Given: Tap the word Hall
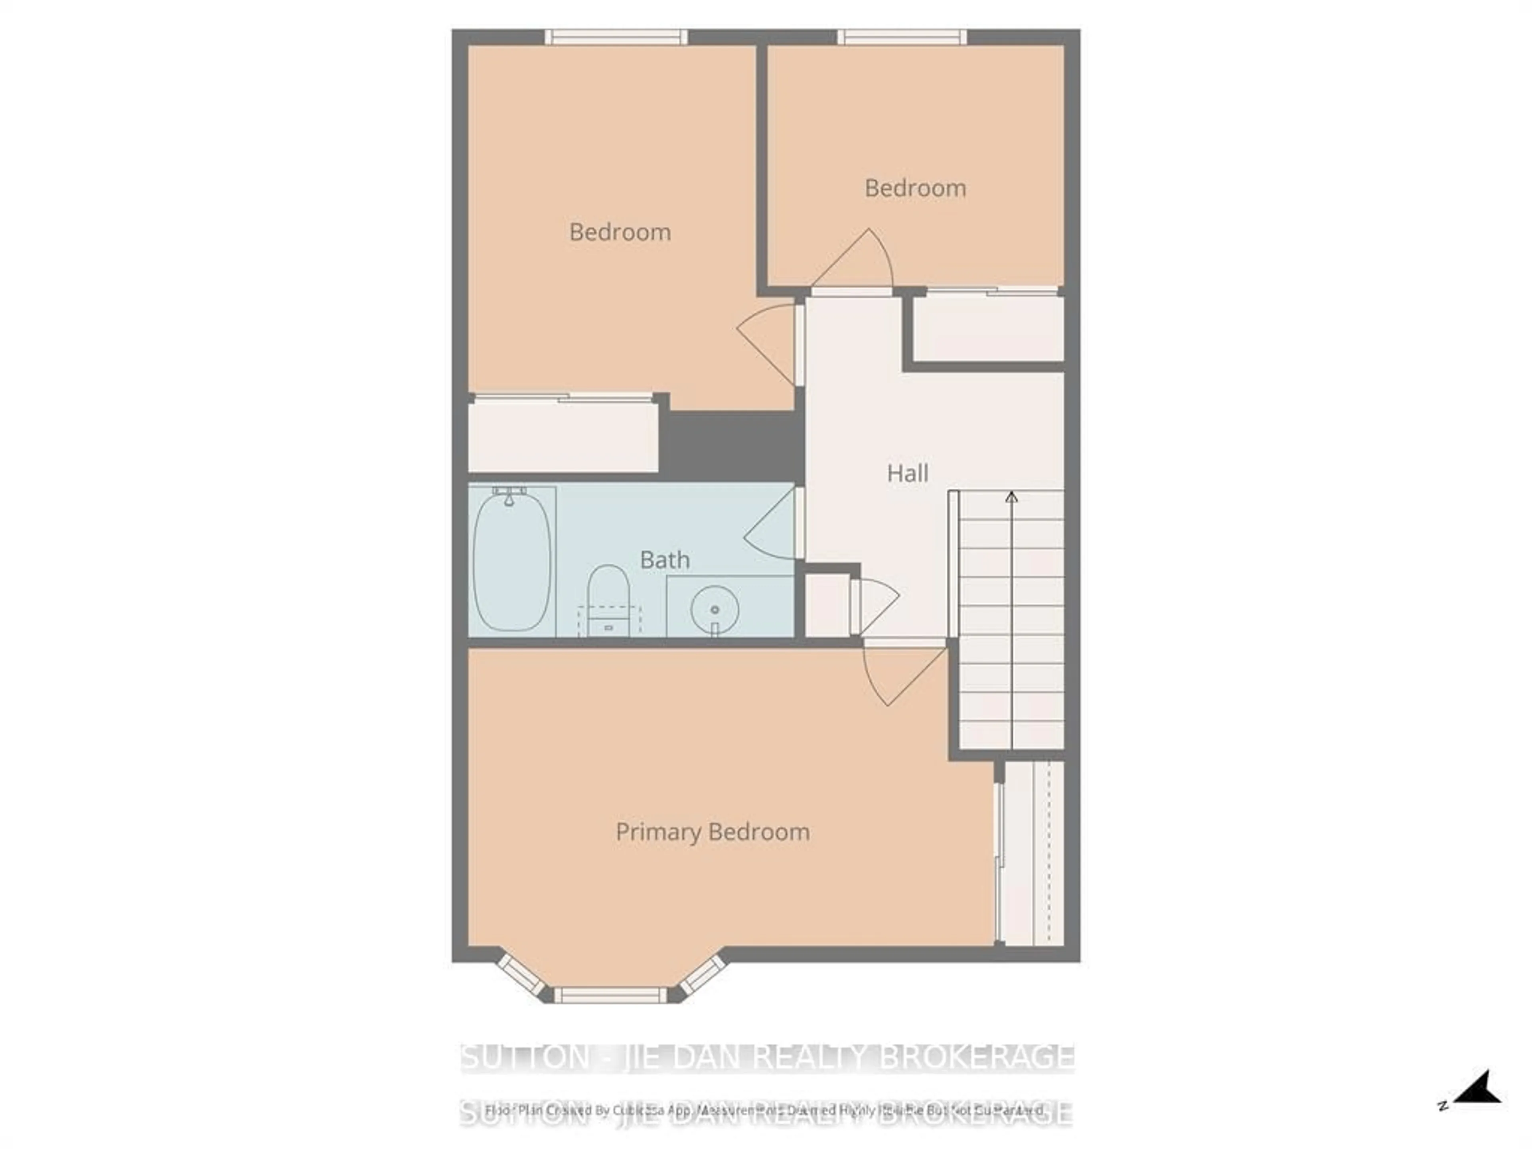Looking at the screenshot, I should tap(907, 474).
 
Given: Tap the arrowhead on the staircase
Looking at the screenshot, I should tap(1011, 497).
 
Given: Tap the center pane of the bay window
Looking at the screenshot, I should tap(610, 995).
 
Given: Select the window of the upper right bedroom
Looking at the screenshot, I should tap(902, 37).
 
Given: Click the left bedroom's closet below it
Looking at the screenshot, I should tap(563, 437).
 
